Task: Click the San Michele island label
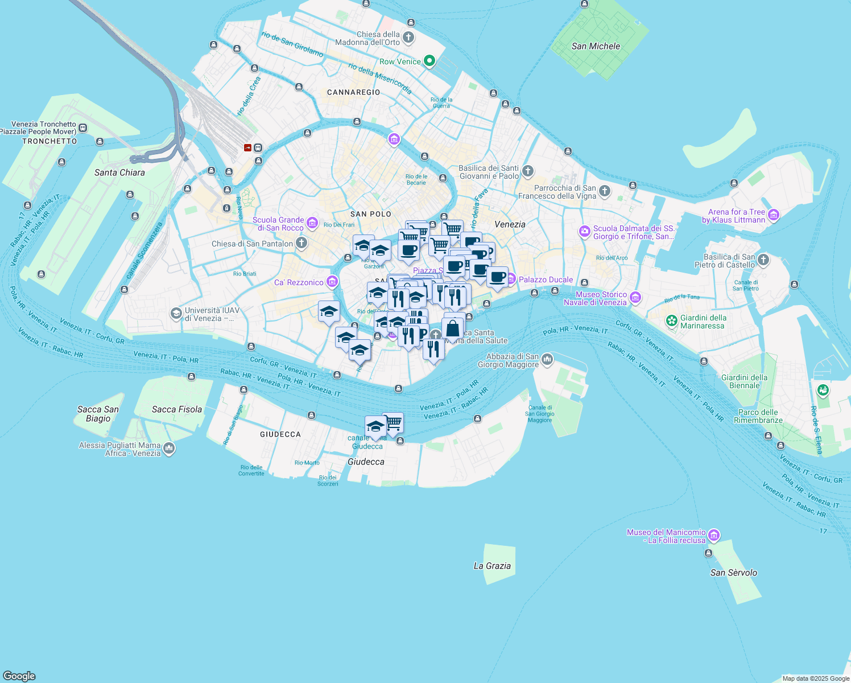596,46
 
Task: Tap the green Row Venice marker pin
429,61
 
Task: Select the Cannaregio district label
353,92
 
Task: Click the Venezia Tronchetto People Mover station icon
83,128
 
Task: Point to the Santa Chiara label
119,172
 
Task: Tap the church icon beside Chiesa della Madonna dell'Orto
408,38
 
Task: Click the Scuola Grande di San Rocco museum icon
312,223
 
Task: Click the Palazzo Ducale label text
546,279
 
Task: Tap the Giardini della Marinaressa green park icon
672,322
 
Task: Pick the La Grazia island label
492,566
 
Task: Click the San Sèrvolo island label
733,573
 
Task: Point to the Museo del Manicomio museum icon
714,536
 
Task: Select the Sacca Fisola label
176,409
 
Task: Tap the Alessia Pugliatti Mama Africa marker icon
169,449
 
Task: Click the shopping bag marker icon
453,328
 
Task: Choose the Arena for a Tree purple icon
773,215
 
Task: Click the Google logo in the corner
19,676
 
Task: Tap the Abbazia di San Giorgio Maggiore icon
547,359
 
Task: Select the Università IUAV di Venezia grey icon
176,314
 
